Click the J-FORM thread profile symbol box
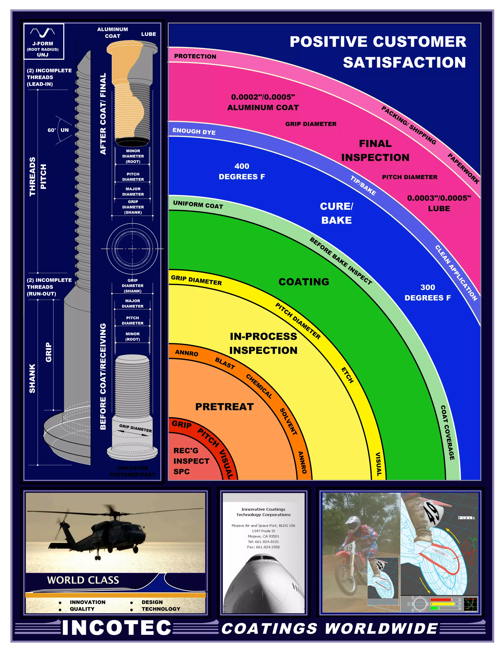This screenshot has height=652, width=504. [44, 41]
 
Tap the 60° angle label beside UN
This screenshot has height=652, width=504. [52, 130]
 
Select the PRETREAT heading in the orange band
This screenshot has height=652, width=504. [224, 407]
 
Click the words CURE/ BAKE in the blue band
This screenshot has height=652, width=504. [336, 213]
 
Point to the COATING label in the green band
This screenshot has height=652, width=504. [304, 282]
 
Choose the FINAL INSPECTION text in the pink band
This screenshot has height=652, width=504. [375, 151]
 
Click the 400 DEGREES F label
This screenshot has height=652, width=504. [242, 171]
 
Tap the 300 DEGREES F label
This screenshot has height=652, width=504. [427, 293]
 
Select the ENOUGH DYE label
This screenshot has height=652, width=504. [194, 131]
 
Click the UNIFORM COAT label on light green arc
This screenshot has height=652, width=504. [198, 204]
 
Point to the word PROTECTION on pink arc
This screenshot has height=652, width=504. [195, 56]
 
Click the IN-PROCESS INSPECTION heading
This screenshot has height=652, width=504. [263, 343]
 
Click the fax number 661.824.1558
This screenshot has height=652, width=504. [263, 547]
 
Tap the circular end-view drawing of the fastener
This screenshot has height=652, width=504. [132, 248]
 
